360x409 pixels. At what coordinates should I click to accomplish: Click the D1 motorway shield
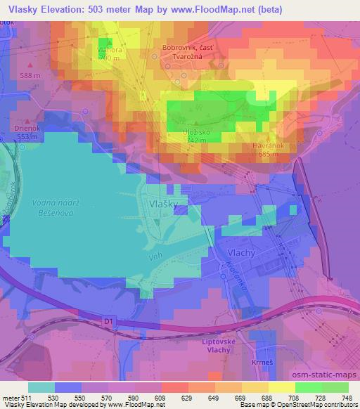[x=108, y=320]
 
